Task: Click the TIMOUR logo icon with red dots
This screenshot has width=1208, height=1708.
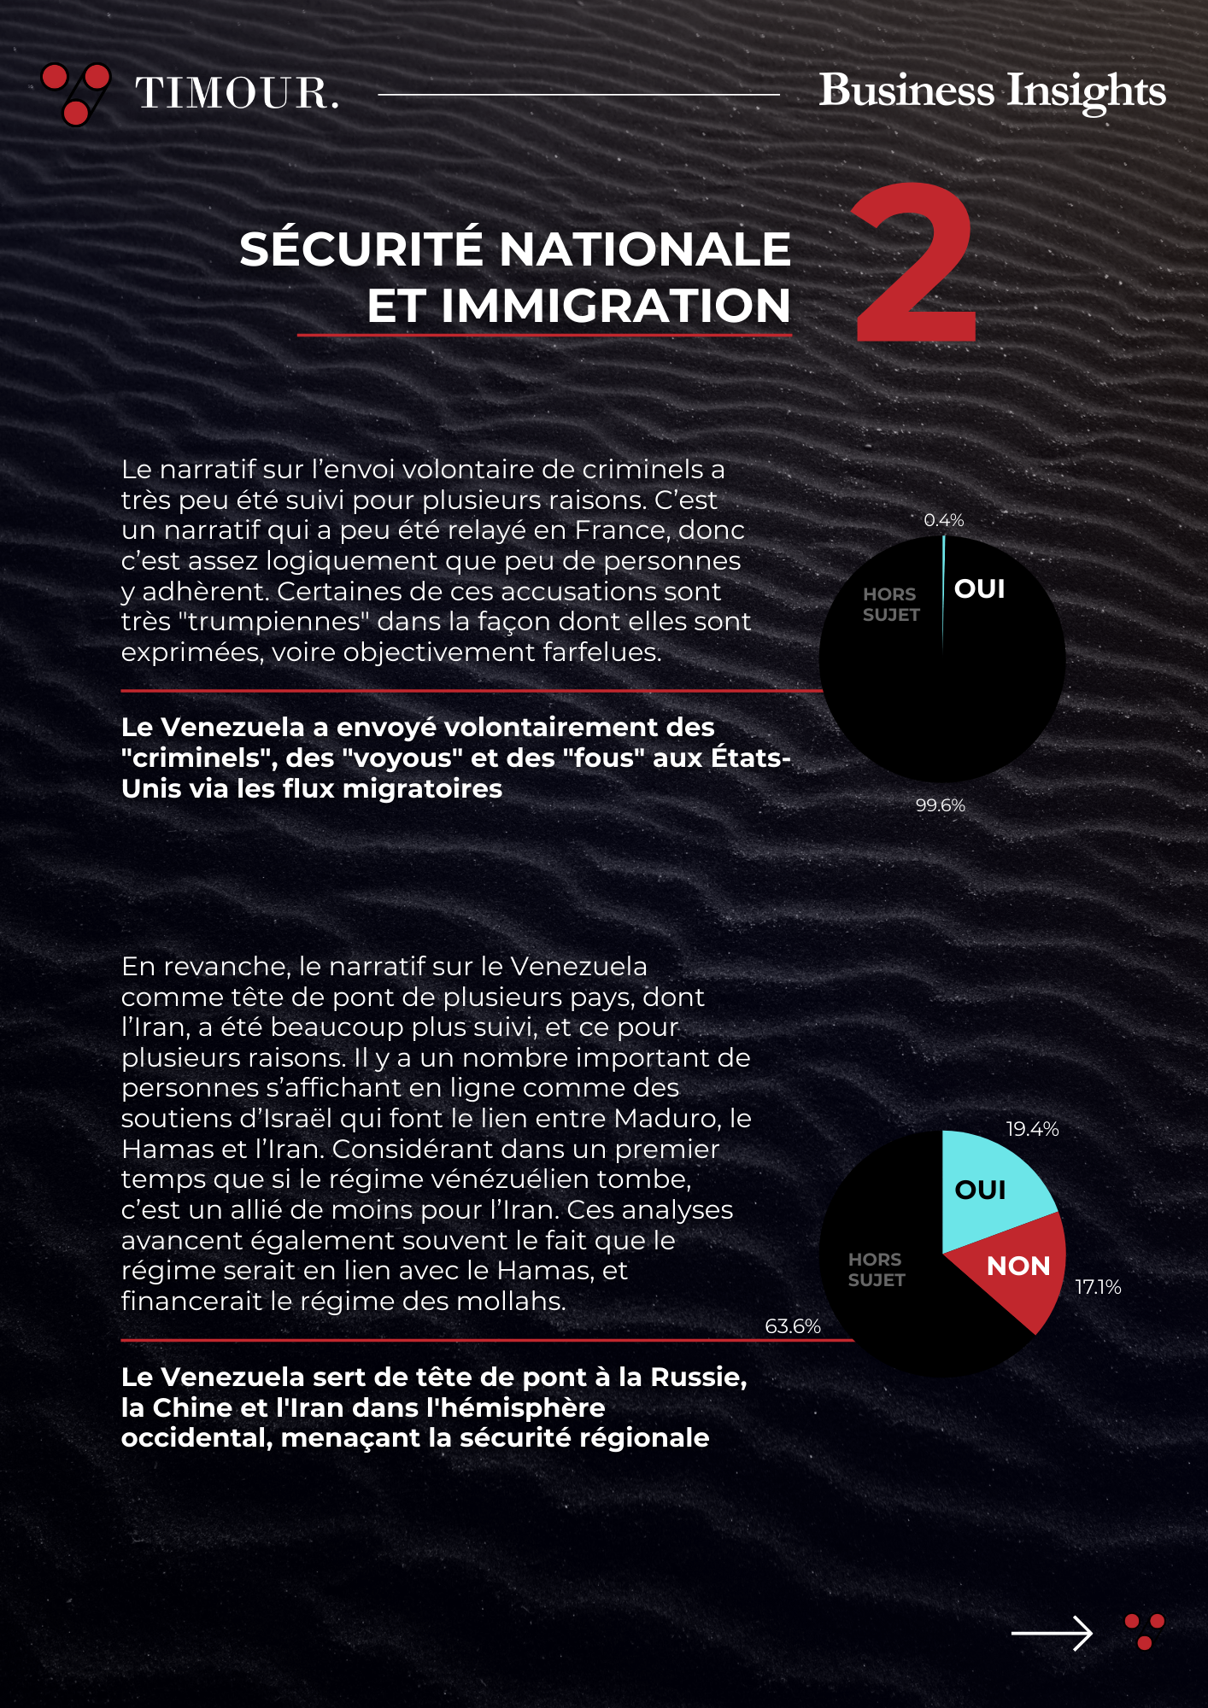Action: click(76, 93)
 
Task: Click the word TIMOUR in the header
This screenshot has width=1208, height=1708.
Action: click(237, 93)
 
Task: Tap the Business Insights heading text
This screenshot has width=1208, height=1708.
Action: click(992, 91)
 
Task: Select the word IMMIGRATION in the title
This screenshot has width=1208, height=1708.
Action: click(578, 306)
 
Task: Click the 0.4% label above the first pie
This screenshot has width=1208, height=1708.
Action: click(943, 520)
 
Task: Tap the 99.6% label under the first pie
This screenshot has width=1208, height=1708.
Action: click(940, 805)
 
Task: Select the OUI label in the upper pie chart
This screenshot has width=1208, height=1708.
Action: click(979, 589)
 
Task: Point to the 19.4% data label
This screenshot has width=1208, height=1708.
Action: click(1032, 1129)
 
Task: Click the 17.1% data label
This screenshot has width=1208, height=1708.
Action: click(1098, 1287)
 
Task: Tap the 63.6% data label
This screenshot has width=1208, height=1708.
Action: click(793, 1326)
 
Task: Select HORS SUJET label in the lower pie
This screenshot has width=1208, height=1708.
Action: click(876, 1270)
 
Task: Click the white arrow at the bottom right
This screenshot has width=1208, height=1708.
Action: click(1052, 1634)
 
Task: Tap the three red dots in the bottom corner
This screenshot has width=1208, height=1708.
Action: click(1145, 1631)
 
